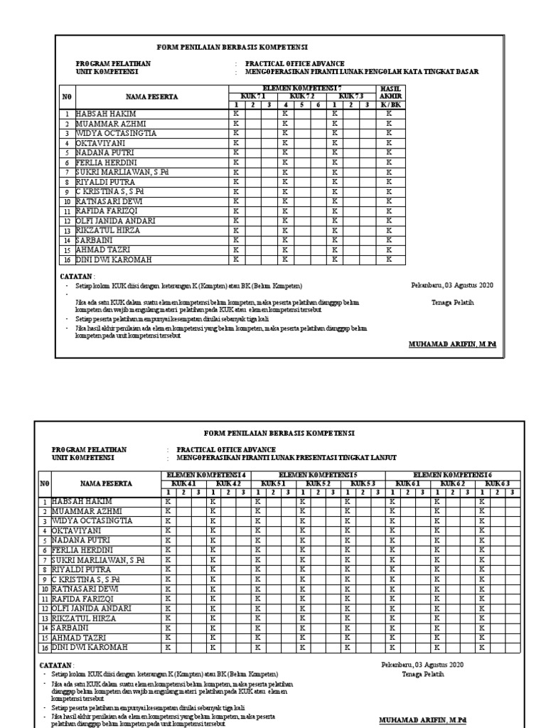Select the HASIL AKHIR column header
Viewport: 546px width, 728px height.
[x=388, y=91]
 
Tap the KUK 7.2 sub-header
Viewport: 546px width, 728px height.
[x=301, y=95]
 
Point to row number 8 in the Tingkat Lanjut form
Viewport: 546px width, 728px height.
[x=44, y=569]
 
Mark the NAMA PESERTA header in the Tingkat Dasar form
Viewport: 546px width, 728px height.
[x=151, y=95]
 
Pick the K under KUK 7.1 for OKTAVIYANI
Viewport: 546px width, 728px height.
[x=235, y=143]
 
